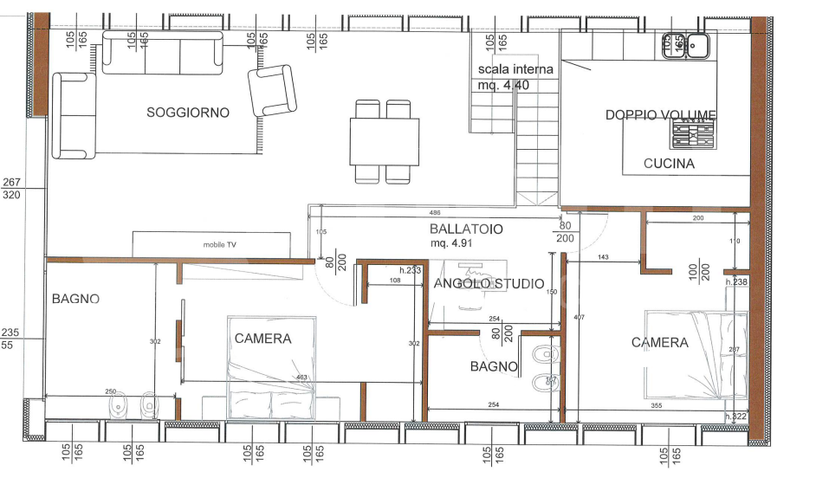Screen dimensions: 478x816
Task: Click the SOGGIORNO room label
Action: click(x=188, y=113)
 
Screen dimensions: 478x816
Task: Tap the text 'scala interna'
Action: click(x=515, y=69)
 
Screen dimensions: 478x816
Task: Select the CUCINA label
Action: click(x=669, y=164)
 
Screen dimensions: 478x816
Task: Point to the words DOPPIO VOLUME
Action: click(x=660, y=115)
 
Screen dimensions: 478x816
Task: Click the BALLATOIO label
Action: click(x=466, y=229)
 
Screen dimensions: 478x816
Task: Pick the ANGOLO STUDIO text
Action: click(x=489, y=284)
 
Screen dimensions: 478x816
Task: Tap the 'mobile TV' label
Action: click(x=220, y=245)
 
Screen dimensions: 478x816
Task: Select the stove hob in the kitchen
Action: click(x=693, y=135)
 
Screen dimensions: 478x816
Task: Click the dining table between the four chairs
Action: click(x=384, y=141)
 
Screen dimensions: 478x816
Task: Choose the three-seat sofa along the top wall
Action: click(x=162, y=53)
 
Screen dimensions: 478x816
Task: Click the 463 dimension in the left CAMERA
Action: click(x=301, y=378)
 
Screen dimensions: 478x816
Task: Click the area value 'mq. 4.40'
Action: click(x=503, y=85)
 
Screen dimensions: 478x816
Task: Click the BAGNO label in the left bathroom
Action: click(x=75, y=299)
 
